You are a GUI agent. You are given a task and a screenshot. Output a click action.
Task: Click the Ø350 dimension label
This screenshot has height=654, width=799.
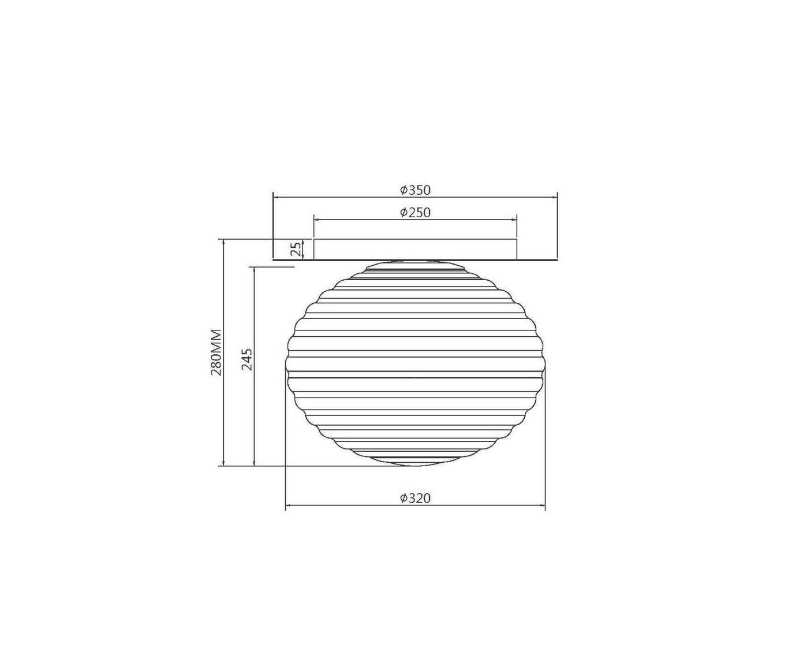tap(415, 190)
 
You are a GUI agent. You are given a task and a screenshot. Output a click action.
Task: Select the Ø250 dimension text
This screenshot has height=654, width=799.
tap(415, 212)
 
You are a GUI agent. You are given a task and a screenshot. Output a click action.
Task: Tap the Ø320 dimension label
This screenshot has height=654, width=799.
tap(415, 498)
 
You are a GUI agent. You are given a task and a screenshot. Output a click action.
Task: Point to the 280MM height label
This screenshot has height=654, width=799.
tap(215, 352)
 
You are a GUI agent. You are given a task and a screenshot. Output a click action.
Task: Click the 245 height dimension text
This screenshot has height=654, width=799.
tap(247, 359)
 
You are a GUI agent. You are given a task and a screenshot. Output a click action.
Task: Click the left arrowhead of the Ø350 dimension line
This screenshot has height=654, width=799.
tap(276, 198)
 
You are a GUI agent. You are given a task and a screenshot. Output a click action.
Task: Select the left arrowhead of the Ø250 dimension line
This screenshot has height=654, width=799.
tap(317, 220)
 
